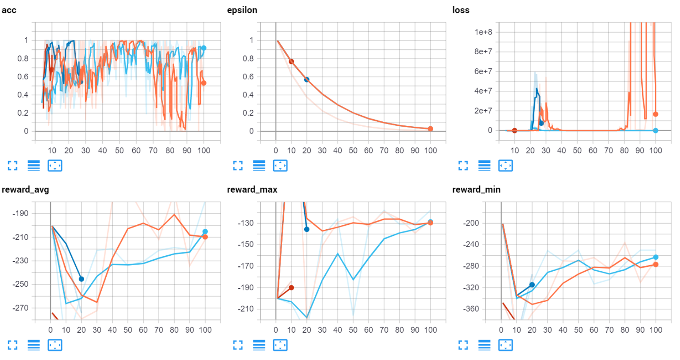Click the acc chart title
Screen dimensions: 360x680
click(9, 10)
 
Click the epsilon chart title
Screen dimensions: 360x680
click(242, 10)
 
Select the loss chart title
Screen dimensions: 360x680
click(461, 10)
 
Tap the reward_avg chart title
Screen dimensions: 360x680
click(25, 189)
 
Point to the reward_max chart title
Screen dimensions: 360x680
click(252, 189)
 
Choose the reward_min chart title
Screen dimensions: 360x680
click(476, 189)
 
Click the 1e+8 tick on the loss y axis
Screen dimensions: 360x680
click(483, 32)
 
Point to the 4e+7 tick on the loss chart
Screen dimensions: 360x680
click(483, 91)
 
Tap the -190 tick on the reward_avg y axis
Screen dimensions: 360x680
click(20, 213)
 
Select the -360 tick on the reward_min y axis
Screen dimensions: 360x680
click(471, 309)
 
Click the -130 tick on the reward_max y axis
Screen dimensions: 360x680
click(246, 223)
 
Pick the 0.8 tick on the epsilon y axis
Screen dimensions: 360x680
click(248, 59)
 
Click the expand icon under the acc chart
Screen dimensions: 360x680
click(13, 166)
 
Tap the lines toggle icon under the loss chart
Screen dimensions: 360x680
click(484, 166)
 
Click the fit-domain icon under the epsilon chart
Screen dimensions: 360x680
click(280, 166)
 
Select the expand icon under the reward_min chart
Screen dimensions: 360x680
click(463, 345)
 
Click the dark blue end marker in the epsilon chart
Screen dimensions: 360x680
click(307, 80)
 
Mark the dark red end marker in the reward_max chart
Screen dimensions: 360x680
click(291, 288)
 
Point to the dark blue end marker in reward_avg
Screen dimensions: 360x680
click(81, 279)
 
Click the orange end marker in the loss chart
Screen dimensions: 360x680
click(656, 114)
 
